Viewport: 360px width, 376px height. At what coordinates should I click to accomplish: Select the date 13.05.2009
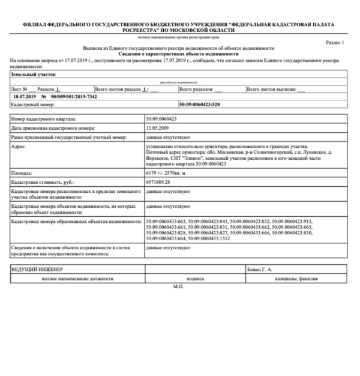pos(158,128)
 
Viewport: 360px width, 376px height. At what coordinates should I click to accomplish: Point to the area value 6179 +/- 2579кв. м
pos(170,172)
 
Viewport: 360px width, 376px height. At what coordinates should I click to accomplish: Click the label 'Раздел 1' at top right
pos(334,43)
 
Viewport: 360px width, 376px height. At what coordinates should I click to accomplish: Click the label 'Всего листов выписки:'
pos(272,88)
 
